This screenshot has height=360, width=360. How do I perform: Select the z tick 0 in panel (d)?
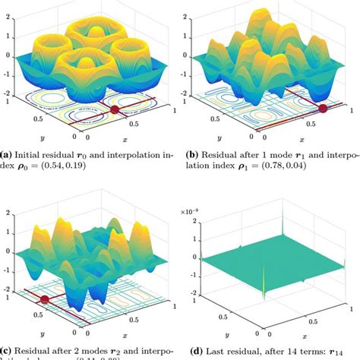point(192,256)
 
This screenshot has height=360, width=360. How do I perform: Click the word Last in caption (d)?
point(225,350)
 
